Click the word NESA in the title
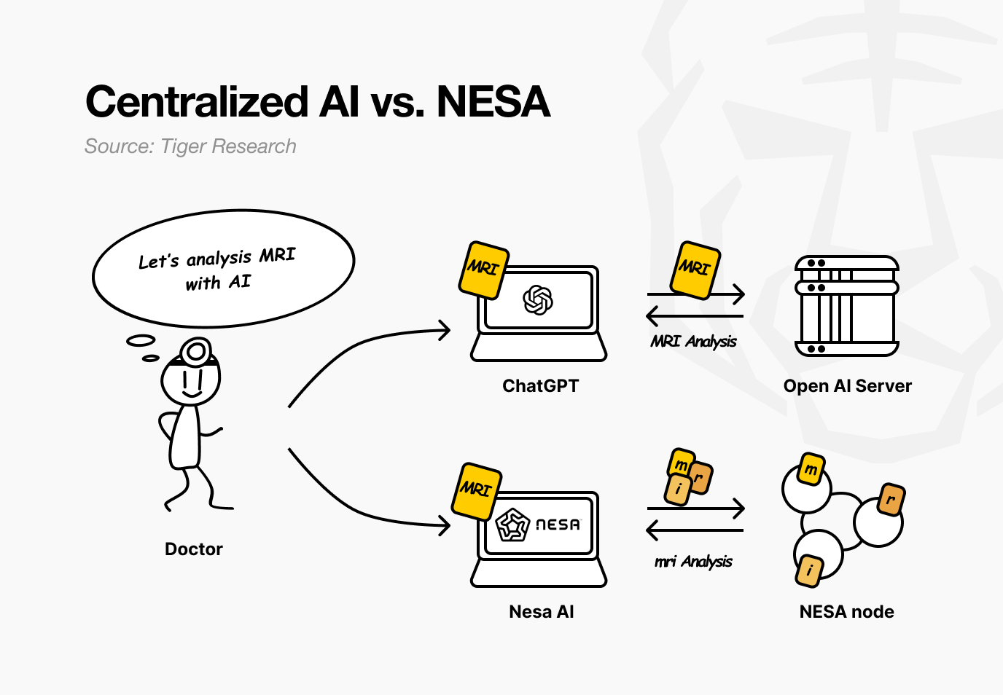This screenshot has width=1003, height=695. coord(493,102)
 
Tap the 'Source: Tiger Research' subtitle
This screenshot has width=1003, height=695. coord(190,146)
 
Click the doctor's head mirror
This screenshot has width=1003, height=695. coord(195,352)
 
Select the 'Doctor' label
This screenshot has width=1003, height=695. coord(194,549)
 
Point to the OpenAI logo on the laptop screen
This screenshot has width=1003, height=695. coord(538,299)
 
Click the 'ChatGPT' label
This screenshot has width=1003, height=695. coord(540,386)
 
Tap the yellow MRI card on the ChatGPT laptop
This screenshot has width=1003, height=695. coord(483,270)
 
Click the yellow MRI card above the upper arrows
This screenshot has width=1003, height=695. coord(695,270)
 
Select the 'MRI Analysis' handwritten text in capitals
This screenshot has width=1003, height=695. coord(693,342)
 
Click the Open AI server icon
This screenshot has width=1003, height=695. coord(847,305)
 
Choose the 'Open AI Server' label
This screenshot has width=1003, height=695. coord(847,386)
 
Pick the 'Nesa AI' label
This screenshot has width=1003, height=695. coord(541,612)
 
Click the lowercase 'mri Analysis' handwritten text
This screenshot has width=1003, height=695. coord(693,562)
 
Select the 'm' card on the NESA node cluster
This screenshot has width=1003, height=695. coord(811,468)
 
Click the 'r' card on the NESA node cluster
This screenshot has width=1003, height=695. coord(891,500)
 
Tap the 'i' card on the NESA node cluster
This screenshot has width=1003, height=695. coord(809,570)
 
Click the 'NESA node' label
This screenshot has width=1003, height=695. coord(846,612)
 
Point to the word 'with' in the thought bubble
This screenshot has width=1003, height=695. coord(203,283)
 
